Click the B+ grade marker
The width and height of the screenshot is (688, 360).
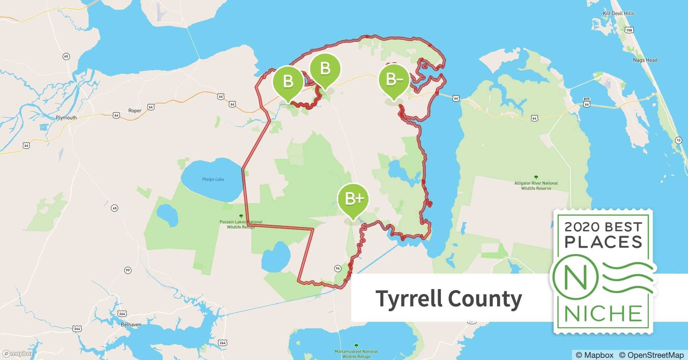[x=353, y=199]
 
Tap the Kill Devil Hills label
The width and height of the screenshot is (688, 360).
[x=618, y=13]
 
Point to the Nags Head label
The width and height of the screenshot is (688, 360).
[x=645, y=60]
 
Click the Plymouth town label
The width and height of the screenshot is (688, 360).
[x=66, y=118]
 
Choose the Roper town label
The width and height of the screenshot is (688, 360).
[x=135, y=111]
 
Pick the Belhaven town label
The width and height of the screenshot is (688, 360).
[x=131, y=324]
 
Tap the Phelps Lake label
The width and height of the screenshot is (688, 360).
[x=213, y=179]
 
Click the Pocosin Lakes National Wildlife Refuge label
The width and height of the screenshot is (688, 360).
[x=241, y=224]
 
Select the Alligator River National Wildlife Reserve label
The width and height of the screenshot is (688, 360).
[x=536, y=185]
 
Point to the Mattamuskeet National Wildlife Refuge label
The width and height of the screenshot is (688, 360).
[x=356, y=354]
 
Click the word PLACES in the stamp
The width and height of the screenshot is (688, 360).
[x=603, y=242]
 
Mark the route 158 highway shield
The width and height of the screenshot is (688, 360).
[x=629, y=30]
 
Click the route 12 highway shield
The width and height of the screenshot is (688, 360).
[x=679, y=140]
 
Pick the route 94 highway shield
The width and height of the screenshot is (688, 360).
[x=338, y=268]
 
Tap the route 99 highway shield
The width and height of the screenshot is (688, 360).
[x=128, y=270]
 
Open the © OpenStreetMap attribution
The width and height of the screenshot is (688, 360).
[x=651, y=355]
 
